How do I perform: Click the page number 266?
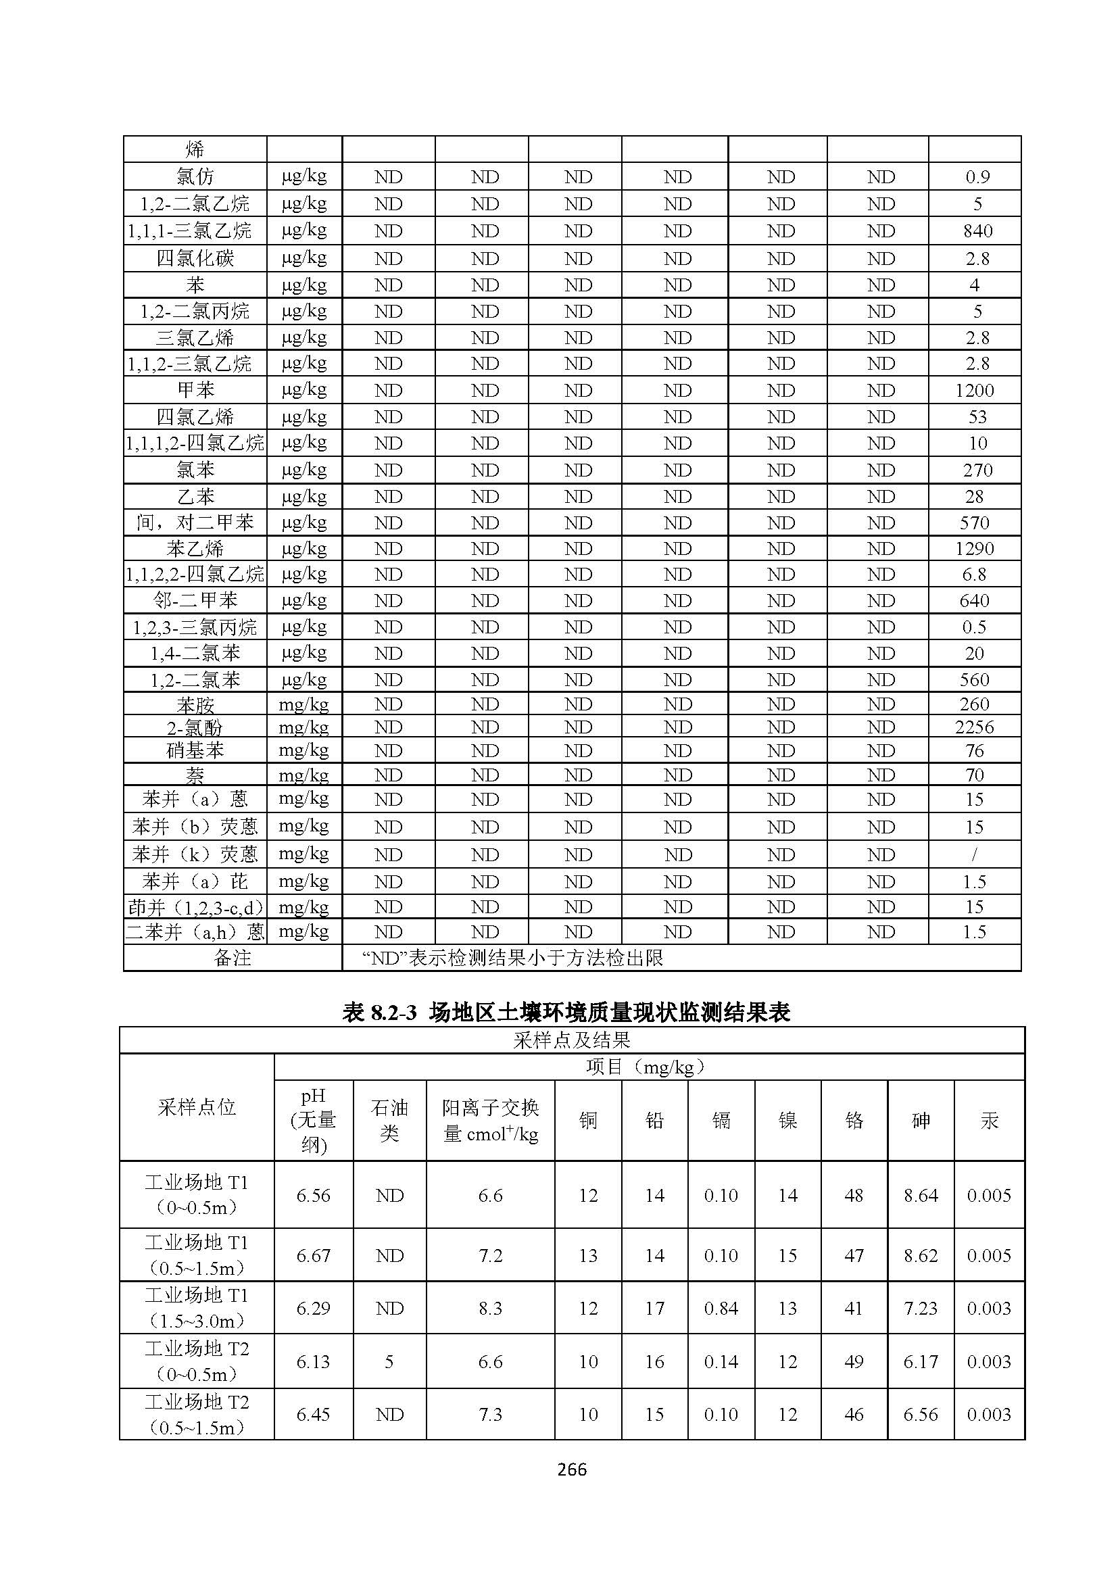pos(571,1469)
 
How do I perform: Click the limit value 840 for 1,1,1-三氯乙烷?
pos(977,230)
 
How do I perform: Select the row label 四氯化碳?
pos(195,258)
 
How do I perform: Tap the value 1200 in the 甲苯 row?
pos(974,391)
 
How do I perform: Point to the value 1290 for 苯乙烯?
pos(974,549)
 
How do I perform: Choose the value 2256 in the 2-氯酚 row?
pos(974,727)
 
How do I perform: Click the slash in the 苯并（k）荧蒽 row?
pos(974,854)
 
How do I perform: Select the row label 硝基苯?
pos(195,750)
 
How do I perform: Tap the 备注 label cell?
pos(232,958)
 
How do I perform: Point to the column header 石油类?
pos(389,1120)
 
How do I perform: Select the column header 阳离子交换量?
pos(490,1120)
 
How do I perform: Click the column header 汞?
pos(989,1120)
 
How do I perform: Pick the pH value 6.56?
pos(313,1196)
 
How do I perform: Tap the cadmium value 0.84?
pos(721,1309)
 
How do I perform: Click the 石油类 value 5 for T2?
pos(389,1361)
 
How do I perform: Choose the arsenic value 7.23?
pos(921,1309)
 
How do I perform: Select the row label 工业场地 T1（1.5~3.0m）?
pos(196,1309)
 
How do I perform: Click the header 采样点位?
pos(196,1107)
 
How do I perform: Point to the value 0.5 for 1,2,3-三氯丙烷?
pos(974,627)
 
